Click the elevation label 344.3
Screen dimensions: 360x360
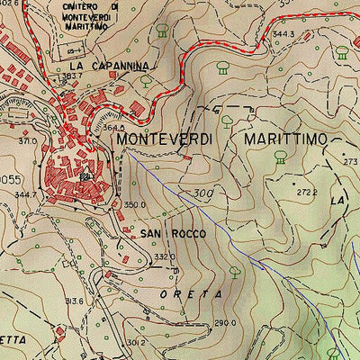coord(284,34)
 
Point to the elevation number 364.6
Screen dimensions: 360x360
coord(112,128)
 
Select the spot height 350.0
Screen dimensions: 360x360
coord(134,204)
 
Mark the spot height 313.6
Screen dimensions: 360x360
coord(73,301)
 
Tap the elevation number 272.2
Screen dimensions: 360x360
coord(308,193)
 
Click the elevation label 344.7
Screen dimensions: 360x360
coord(26,193)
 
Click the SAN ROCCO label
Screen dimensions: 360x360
coord(173,233)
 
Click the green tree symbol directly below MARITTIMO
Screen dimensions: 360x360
coord(281,157)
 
